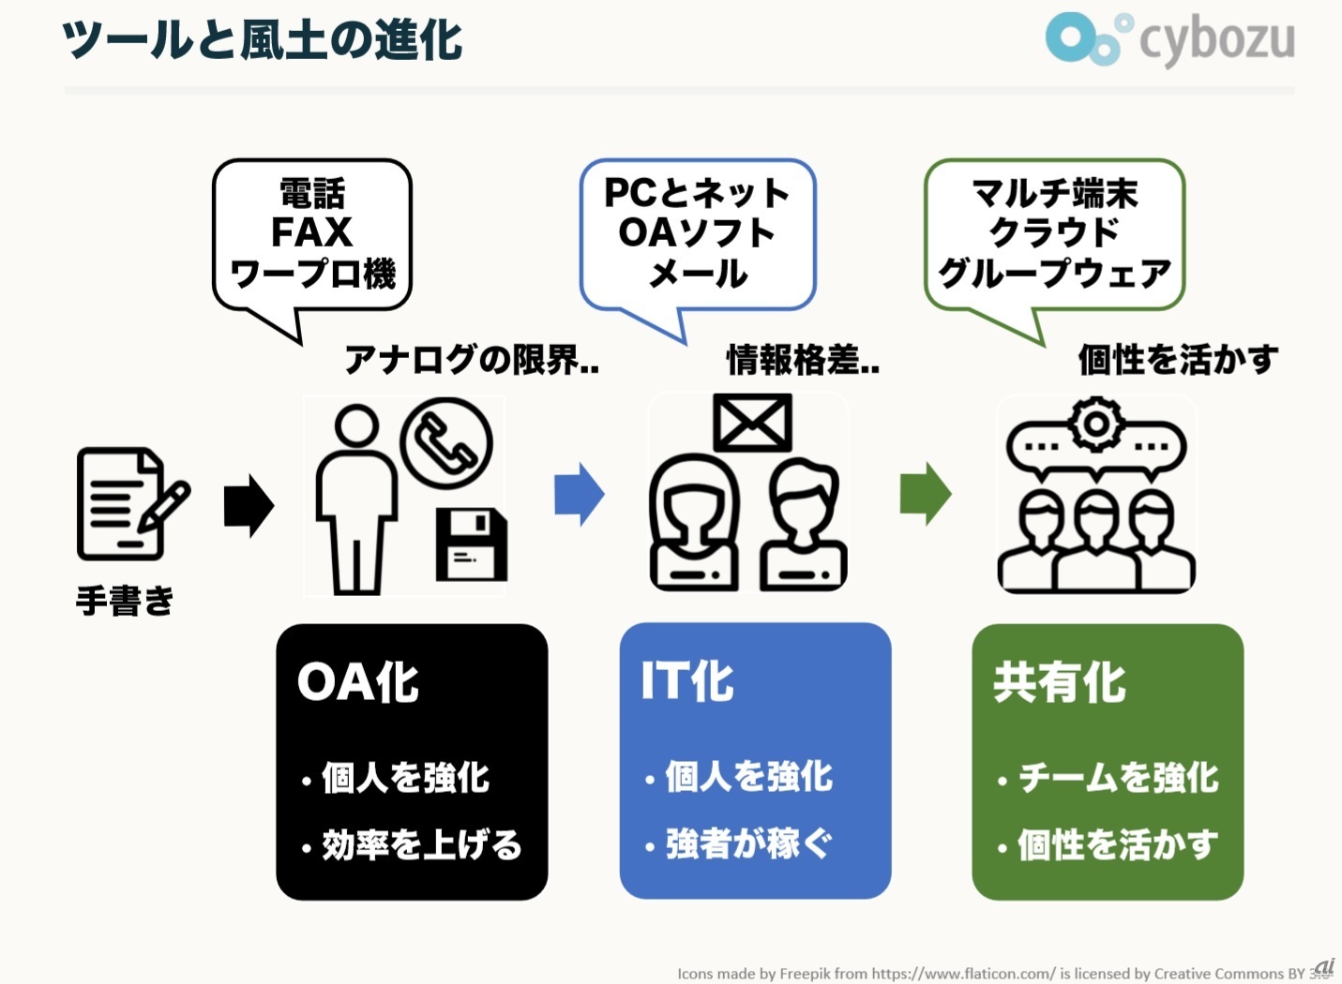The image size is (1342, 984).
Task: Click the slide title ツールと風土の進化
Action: [262, 40]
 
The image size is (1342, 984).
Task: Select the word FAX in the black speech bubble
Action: [311, 232]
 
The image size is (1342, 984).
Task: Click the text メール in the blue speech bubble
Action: [698, 275]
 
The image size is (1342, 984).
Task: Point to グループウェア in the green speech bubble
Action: [1054, 275]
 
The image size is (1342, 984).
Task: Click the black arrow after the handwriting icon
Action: [249, 506]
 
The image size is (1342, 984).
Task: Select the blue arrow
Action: [580, 495]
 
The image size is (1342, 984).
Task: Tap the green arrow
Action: [926, 495]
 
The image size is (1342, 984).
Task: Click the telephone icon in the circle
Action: [446, 443]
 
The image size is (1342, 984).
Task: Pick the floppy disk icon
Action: [472, 544]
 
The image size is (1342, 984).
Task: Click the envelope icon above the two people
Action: [752, 423]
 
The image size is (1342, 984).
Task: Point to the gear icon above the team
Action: [1096, 425]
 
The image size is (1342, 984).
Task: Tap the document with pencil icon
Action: [133, 504]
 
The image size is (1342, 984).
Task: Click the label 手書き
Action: [125, 601]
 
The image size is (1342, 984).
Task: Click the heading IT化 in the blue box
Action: [687, 680]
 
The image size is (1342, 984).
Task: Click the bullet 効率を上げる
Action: [422, 844]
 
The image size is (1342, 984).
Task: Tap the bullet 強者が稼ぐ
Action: [749, 843]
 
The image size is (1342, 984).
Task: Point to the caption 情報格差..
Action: [793, 360]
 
